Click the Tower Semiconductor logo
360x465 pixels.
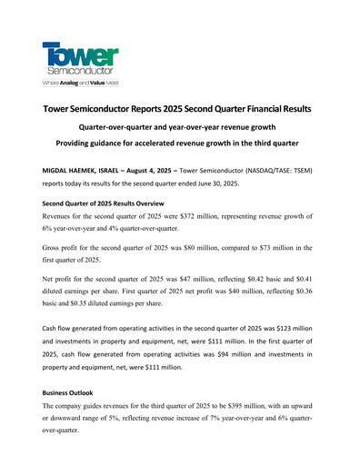tap(80, 58)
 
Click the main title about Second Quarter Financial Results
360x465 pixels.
tap(178, 109)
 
